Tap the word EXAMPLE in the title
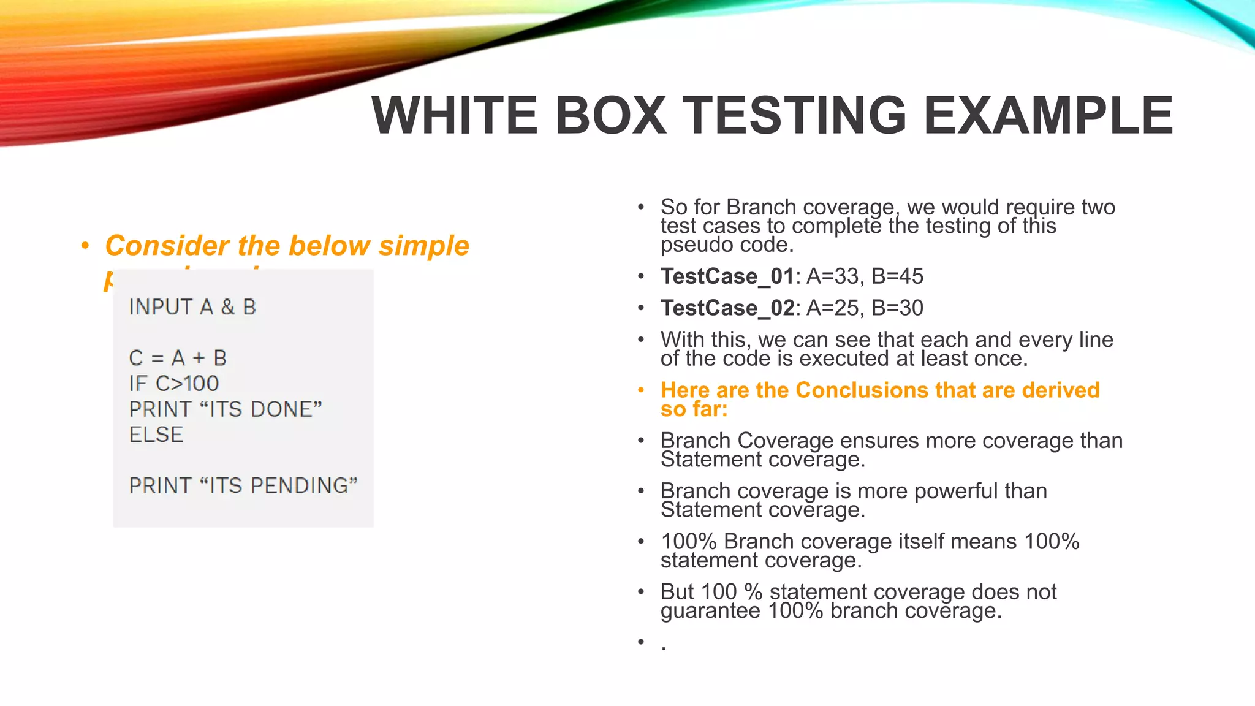pyautogui.click(x=1048, y=116)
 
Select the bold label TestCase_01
pyautogui.click(x=727, y=276)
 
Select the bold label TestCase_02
pyautogui.click(x=727, y=308)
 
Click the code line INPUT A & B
pyautogui.click(x=192, y=307)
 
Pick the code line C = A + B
pyautogui.click(x=178, y=358)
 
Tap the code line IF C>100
pyautogui.click(x=174, y=384)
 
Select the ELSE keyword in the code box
pyautogui.click(x=156, y=435)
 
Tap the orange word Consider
pyautogui.click(x=167, y=246)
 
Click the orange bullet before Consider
pyautogui.click(x=85, y=246)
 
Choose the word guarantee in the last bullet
pyautogui.click(x=710, y=611)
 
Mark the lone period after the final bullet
pyautogui.click(x=664, y=648)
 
